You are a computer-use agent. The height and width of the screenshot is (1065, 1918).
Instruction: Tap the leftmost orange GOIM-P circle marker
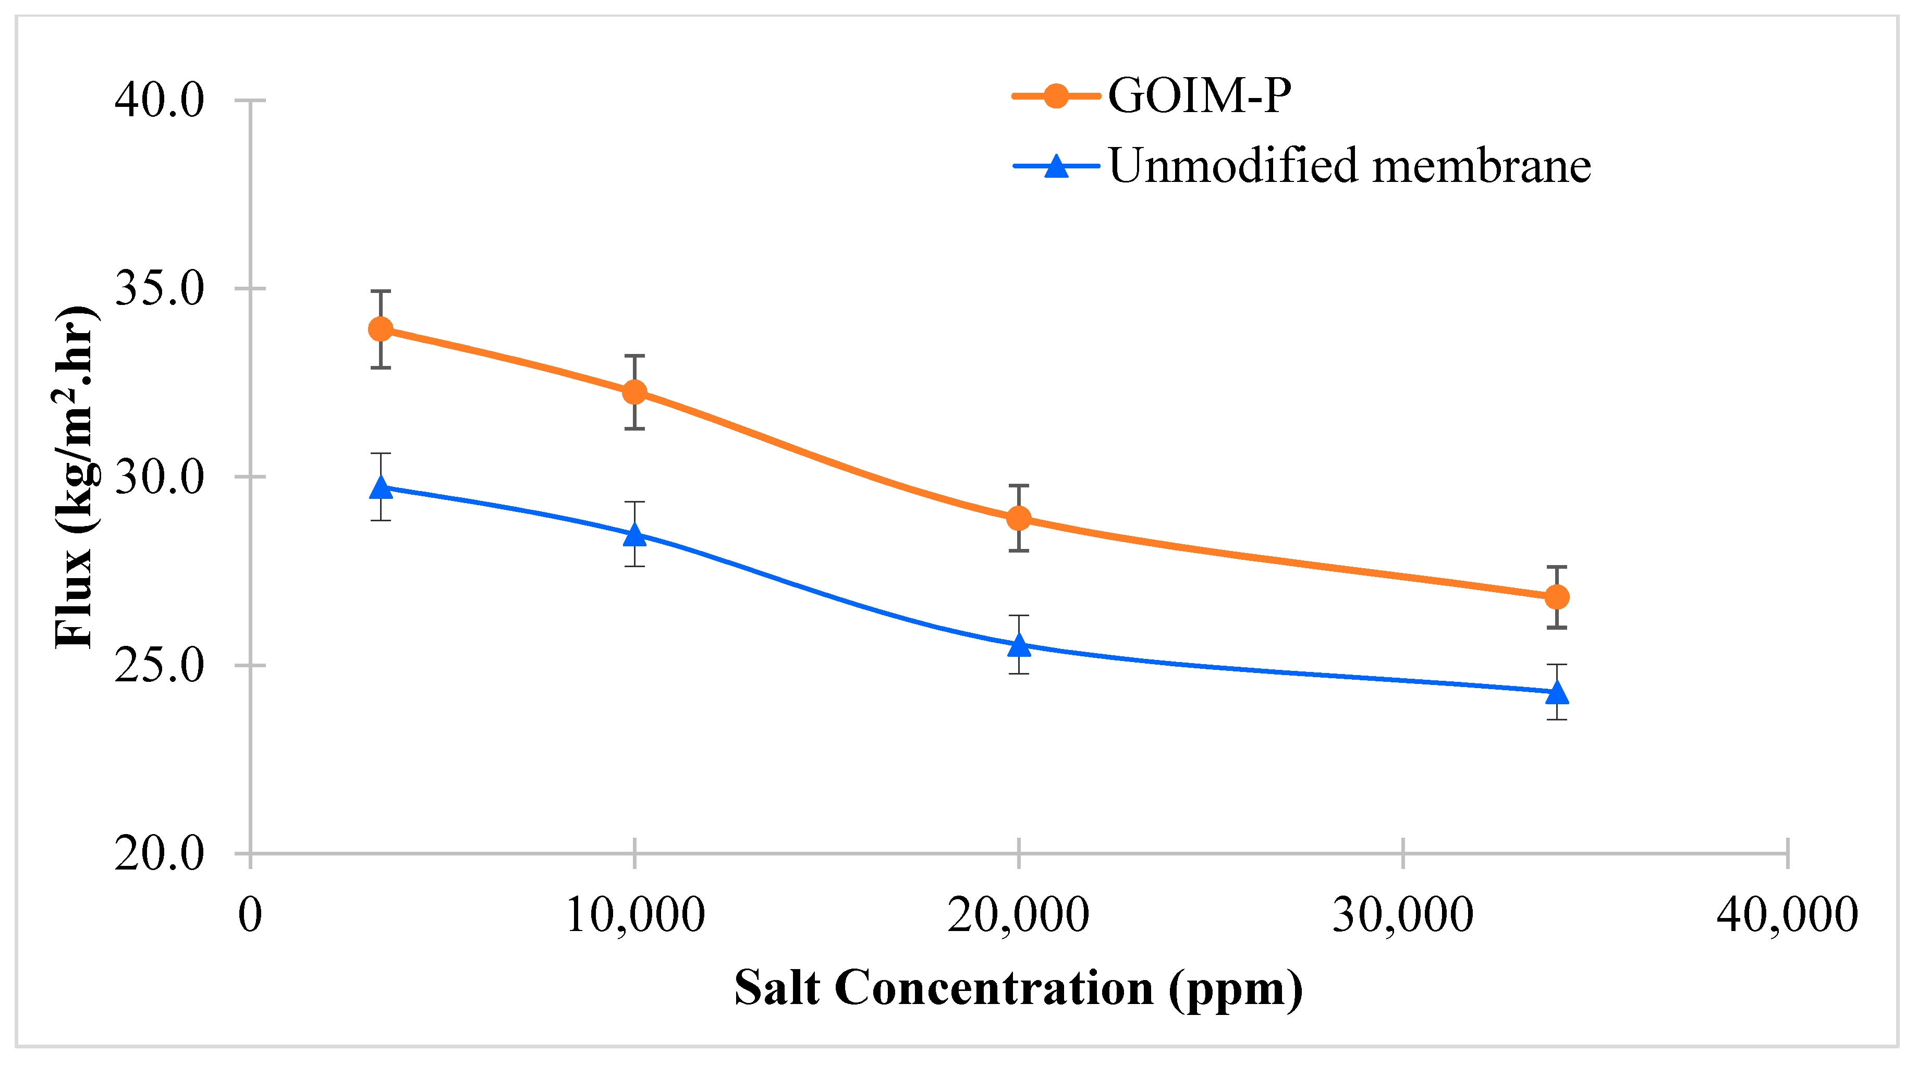381,329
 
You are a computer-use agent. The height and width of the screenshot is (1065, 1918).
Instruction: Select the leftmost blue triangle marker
381,488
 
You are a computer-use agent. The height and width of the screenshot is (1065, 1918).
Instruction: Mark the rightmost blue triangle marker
1557,693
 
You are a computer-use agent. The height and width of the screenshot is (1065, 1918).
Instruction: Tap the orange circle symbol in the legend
1056,96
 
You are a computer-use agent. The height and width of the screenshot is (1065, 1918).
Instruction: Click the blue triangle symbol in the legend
1056,165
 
